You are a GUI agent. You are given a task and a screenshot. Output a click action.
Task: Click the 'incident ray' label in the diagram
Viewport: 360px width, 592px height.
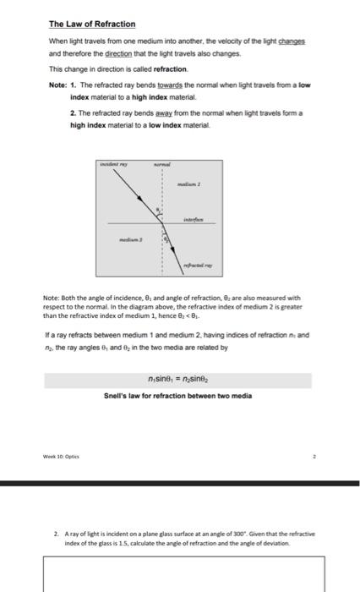point(115,164)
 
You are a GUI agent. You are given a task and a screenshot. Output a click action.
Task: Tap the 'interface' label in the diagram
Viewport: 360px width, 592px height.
point(195,217)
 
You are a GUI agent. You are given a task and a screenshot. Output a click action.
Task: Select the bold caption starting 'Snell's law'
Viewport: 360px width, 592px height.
point(179,396)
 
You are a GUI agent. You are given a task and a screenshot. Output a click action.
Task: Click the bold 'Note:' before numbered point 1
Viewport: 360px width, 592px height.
point(59,85)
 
